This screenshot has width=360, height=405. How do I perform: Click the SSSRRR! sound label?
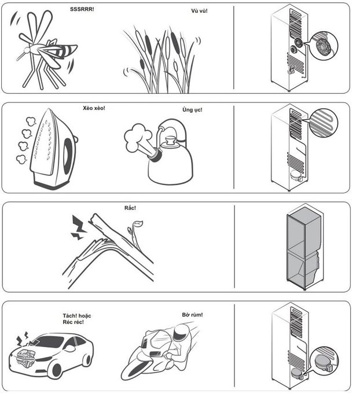click(x=82, y=9)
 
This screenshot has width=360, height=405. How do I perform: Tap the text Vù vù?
click(x=199, y=11)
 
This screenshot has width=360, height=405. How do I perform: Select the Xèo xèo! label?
click(x=94, y=108)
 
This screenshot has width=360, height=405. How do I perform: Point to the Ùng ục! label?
click(x=192, y=109)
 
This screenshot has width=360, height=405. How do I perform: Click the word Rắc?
click(x=130, y=208)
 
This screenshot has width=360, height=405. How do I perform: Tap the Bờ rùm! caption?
click(x=192, y=315)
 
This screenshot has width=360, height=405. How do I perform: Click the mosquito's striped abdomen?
click(x=63, y=51)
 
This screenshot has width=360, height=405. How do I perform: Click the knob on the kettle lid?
click(x=171, y=141)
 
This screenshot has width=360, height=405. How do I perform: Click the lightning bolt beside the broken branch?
click(x=78, y=227)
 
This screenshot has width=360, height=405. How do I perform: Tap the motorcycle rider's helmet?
click(x=182, y=333)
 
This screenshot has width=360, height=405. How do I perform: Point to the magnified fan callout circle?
click(x=324, y=46)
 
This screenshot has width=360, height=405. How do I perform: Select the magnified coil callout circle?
click(x=324, y=123)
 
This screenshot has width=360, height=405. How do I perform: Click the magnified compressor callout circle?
click(x=324, y=361)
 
